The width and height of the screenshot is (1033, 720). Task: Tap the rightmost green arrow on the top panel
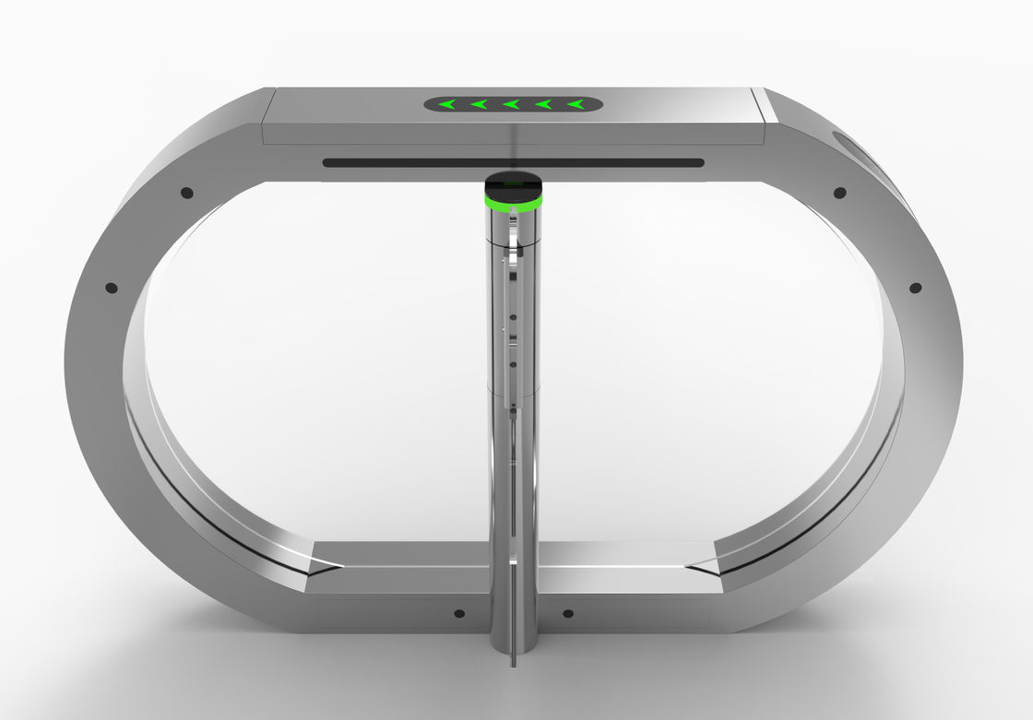pos(576,104)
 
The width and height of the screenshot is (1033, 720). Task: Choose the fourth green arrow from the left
pos(543,104)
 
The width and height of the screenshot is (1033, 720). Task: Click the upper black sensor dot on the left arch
pos(187,193)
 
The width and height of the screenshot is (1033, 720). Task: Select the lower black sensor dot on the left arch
pos(112,288)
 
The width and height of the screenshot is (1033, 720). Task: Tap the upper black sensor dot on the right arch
pos(839,193)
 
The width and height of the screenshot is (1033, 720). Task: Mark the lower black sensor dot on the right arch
pos(915,288)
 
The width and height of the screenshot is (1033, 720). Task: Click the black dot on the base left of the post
pos(459,613)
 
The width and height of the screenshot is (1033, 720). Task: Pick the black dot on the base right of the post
pos(567,613)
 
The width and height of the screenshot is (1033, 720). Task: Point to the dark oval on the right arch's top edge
pos(852,148)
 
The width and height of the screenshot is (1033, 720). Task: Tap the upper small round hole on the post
pos(512,324)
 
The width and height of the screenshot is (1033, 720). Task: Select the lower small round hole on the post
pos(512,364)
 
